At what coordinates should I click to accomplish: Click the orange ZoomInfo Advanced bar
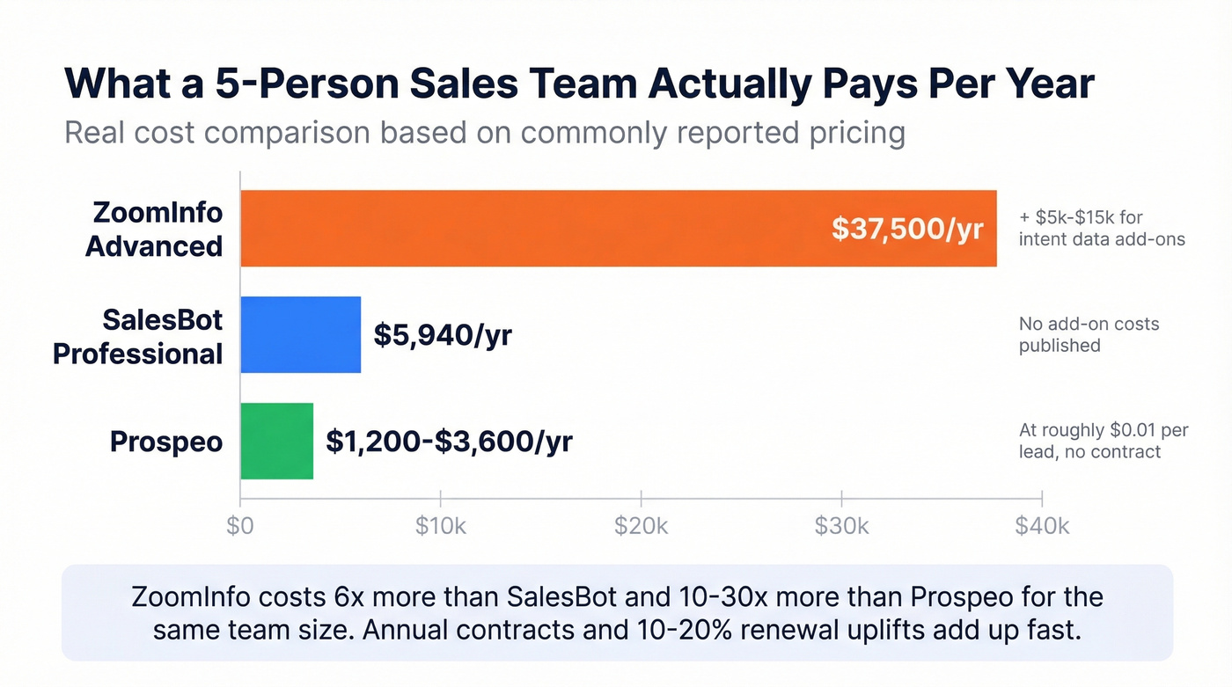coord(528,229)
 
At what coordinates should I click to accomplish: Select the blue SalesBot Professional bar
coord(300,335)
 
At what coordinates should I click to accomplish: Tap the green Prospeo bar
coord(276,441)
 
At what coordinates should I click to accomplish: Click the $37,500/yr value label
coord(907,229)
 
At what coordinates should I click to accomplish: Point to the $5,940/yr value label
coord(443,335)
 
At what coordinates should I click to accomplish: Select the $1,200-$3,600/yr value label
coord(449,441)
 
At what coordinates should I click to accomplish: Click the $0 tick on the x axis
coord(240,526)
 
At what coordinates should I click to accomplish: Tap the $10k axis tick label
coord(441,526)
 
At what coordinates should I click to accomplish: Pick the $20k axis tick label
coord(642,526)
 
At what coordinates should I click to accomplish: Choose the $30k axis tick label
coord(842,526)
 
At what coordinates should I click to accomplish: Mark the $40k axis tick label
coord(1042,526)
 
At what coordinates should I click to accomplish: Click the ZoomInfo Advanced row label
coord(154,229)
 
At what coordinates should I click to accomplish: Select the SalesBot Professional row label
coord(138,336)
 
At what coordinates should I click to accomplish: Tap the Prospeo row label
coord(166,442)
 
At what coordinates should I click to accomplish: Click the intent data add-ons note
coord(1102,228)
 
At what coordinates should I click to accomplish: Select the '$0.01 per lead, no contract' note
coord(1104,441)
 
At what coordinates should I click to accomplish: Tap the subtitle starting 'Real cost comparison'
coord(485,133)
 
